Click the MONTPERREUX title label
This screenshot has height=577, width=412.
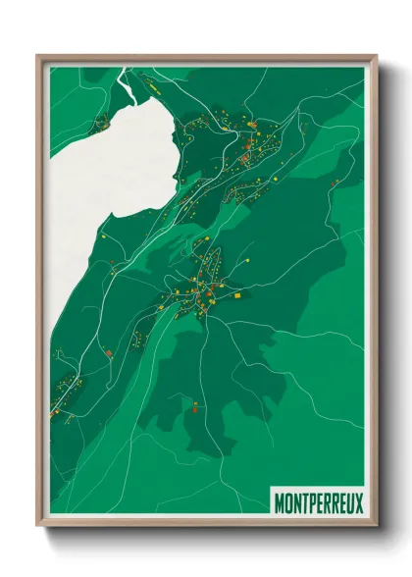point(317,502)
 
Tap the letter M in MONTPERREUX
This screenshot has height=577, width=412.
point(279,502)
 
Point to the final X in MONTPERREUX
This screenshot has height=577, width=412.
point(357,502)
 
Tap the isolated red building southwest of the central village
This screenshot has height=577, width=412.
point(109,351)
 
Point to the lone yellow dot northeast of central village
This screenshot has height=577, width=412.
point(248,259)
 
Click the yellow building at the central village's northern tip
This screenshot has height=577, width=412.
point(207,239)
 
